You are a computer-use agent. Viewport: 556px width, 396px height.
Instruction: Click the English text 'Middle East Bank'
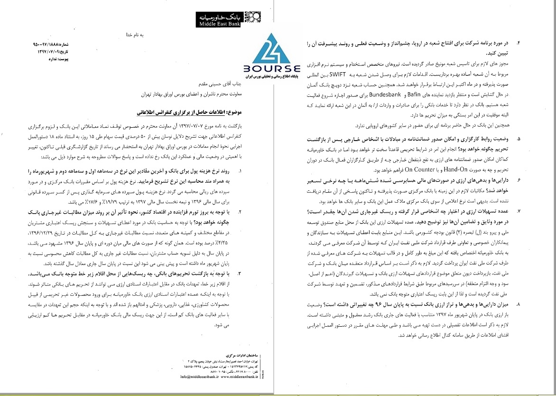[218, 22]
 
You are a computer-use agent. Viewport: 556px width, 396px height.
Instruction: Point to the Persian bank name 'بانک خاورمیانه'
[218, 16]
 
